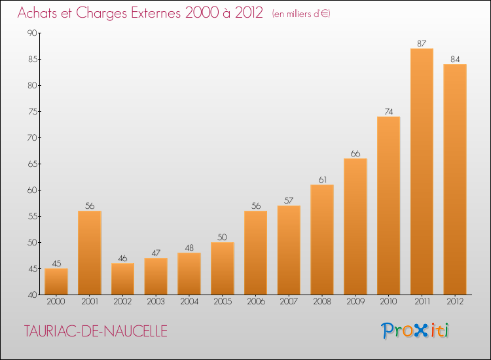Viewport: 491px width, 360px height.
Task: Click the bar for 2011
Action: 422,171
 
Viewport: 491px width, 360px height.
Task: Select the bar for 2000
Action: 56,281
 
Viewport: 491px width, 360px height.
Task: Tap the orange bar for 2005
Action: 223,268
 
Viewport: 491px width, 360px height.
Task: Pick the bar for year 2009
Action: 355,226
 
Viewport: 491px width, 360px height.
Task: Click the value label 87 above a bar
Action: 422,43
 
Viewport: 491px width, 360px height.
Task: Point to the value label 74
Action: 389,111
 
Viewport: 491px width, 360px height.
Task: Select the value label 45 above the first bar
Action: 56,263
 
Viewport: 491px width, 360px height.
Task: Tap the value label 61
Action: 322,180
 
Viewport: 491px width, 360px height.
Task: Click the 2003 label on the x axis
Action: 156,301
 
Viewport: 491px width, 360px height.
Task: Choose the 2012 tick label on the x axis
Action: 455,301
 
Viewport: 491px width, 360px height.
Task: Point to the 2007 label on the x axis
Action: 289,301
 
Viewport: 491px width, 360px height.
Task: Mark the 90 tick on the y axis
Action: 32,33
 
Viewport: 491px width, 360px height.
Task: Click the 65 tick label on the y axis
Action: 32,164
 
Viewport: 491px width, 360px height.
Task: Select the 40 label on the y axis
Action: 32,295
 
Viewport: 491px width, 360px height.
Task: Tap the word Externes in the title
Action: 156,13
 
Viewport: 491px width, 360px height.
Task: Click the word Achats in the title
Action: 37,13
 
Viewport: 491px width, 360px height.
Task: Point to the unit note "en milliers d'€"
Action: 301,14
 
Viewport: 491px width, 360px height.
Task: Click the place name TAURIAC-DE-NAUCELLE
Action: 96,331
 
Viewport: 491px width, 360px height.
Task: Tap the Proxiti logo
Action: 415,331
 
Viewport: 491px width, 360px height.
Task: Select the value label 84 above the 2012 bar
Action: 455,59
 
